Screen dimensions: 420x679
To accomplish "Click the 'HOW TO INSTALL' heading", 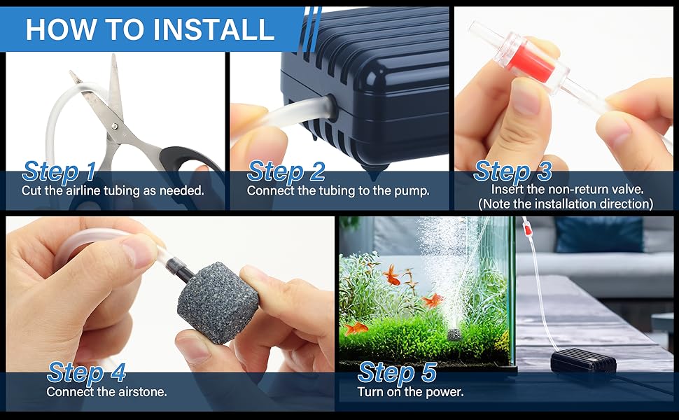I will [x=150, y=29].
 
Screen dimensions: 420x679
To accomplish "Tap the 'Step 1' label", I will [x=59, y=171].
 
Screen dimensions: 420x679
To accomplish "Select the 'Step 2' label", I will [x=286, y=171].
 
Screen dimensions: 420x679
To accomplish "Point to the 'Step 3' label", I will [x=512, y=171].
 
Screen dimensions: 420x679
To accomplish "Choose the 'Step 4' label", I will [x=86, y=372].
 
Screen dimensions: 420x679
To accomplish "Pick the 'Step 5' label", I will [x=397, y=372].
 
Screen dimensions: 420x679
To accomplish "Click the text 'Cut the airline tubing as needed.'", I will [x=113, y=190].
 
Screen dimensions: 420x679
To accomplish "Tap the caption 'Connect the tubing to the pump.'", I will [x=338, y=190].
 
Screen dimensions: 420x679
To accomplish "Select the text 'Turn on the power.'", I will [x=410, y=392].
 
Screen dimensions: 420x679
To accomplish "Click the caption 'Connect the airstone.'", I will [x=106, y=392].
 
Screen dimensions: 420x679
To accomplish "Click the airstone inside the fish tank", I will [x=454, y=336].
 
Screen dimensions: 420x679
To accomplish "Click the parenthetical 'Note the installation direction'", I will [x=566, y=204].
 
